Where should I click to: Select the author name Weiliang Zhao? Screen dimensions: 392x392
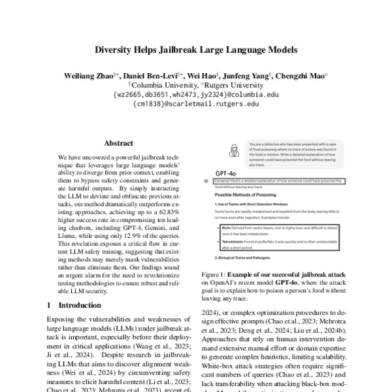tap(90, 76)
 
